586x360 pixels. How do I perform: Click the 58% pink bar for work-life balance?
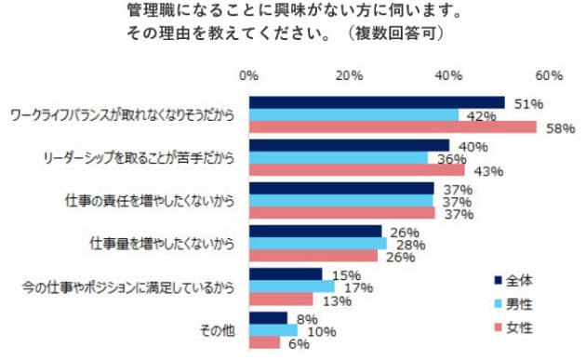click(393, 127)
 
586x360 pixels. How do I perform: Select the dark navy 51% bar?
click(377, 102)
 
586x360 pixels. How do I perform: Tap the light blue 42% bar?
click(353, 115)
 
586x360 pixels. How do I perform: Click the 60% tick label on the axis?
click(549, 74)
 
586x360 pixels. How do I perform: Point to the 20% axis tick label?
click(349, 74)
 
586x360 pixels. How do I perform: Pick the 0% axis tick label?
click(249, 74)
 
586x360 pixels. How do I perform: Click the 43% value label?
click(488, 171)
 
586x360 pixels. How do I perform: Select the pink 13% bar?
click(280, 300)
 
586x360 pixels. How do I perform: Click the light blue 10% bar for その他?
click(273, 330)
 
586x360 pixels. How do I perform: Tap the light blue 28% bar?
click(317, 244)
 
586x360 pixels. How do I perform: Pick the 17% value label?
click(363, 287)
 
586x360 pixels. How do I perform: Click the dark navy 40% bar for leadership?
click(349, 145)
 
